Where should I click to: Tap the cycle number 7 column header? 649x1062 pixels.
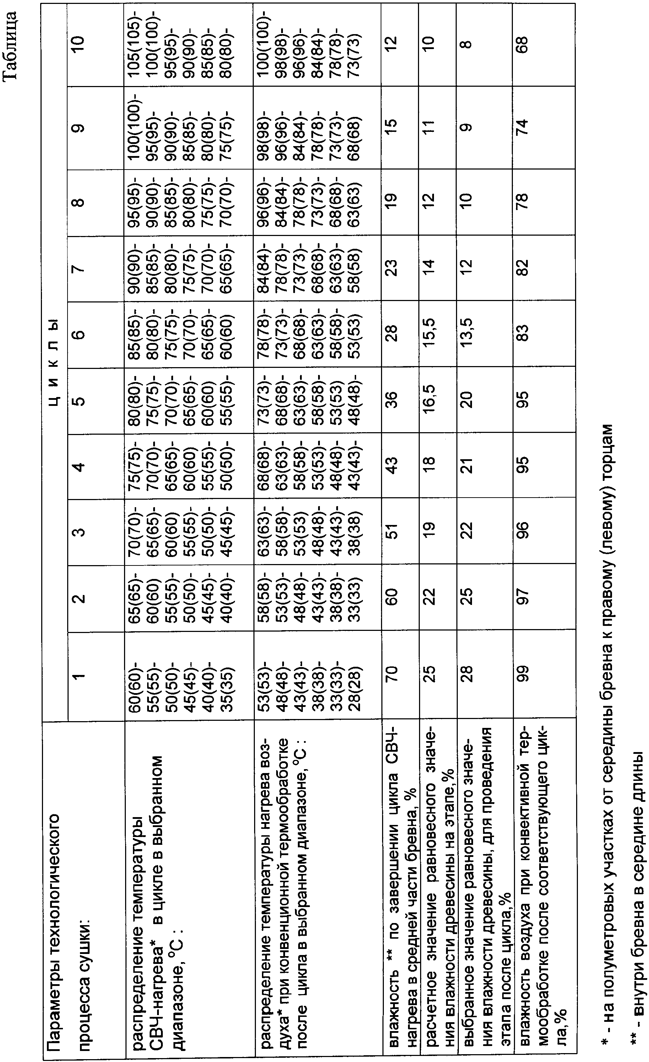tap(80, 267)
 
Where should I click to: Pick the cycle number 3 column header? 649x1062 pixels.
tap(80, 531)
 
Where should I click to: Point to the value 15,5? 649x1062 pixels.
tap(430, 334)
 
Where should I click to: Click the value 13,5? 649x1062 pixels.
tap(468, 334)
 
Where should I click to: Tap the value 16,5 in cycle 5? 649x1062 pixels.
tap(430, 399)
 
